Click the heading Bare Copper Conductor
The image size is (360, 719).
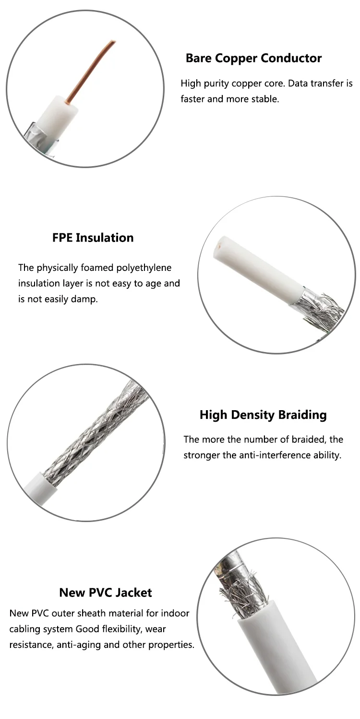click(253, 59)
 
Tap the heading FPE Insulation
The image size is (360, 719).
click(93, 238)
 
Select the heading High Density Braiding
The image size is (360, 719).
click(263, 415)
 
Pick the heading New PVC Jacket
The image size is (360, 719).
click(106, 593)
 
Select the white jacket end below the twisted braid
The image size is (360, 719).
click(41, 487)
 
